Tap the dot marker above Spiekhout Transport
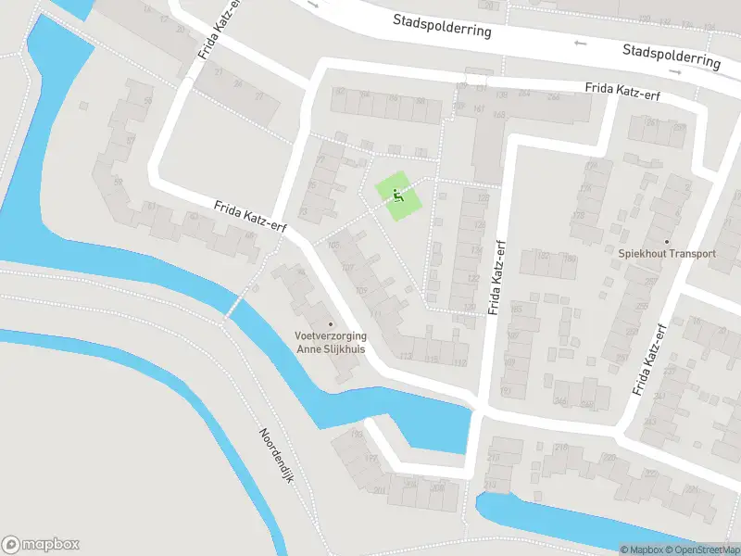(x=667, y=241)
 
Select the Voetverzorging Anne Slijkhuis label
(x=331, y=343)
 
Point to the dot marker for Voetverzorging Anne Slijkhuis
(x=331, y=323)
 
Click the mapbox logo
(x=41, y=545)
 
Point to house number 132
(x=470, y=308)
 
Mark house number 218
(x=560, y=449)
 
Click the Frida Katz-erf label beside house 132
(x=497, y=276)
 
